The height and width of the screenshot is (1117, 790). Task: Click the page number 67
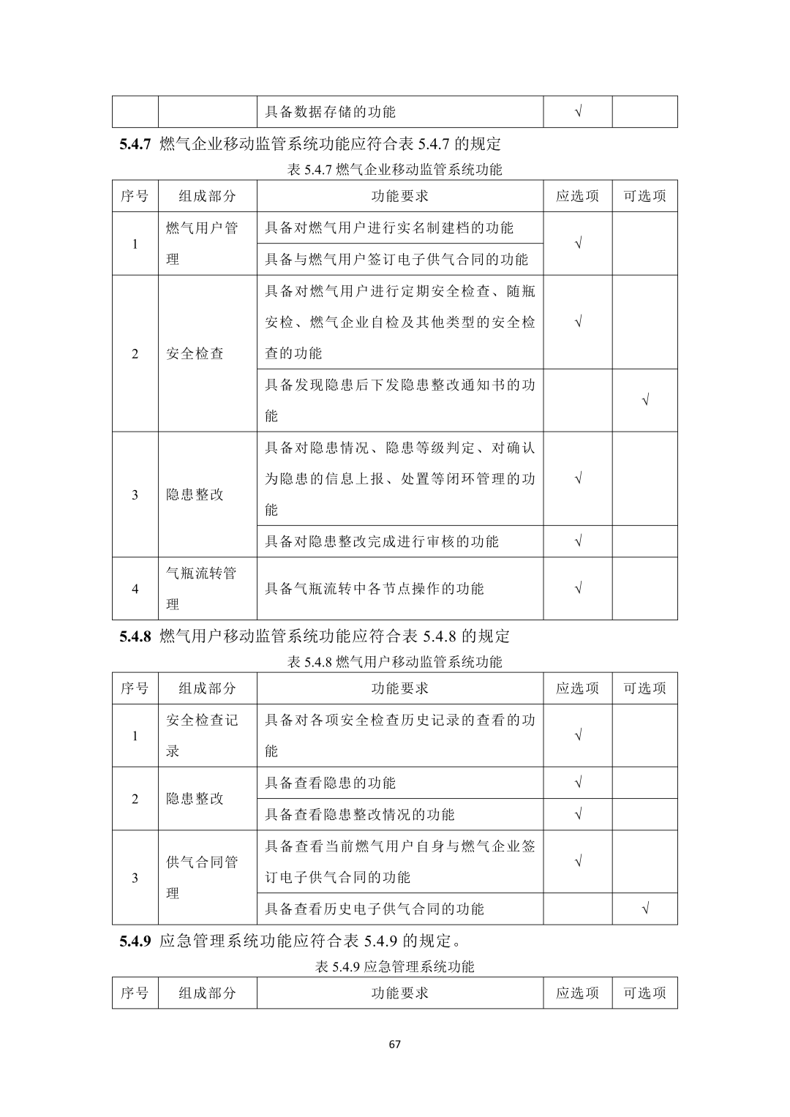click(394, 1044)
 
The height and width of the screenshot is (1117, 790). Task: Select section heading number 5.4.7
click(135, 144)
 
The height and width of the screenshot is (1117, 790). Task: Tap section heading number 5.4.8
click(135, 636)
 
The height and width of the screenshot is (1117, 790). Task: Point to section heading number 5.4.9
click(135, 940)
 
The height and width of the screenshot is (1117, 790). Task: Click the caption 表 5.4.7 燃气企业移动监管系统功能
click(394, 170)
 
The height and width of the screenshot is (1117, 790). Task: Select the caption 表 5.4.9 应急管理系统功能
click(394, 966)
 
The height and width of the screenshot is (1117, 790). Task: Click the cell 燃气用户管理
click(202, 243)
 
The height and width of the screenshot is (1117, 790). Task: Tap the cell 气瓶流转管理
click(202, 588)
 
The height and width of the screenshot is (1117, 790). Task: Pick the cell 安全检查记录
click(202, 735)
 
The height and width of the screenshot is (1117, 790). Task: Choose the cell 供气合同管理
click(202, 877)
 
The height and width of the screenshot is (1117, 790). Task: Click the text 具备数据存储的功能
click(330, 112)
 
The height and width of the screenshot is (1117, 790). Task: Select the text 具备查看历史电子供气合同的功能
click(374, 909)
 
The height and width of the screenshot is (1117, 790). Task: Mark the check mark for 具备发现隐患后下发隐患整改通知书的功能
click(644, 400)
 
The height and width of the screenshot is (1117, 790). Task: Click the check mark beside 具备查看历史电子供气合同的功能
click(644, 909)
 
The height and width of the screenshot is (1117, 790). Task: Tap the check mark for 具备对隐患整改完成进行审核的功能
click(578, 541)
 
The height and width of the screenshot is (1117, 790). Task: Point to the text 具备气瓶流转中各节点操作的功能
click(374, 588)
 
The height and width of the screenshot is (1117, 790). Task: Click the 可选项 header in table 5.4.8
click(644, 688)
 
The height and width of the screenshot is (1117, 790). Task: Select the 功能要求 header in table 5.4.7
click(399, 196)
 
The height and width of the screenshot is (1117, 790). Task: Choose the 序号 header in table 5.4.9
click(135, 993)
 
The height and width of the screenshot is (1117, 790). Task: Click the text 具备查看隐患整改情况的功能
click(359, 814)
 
